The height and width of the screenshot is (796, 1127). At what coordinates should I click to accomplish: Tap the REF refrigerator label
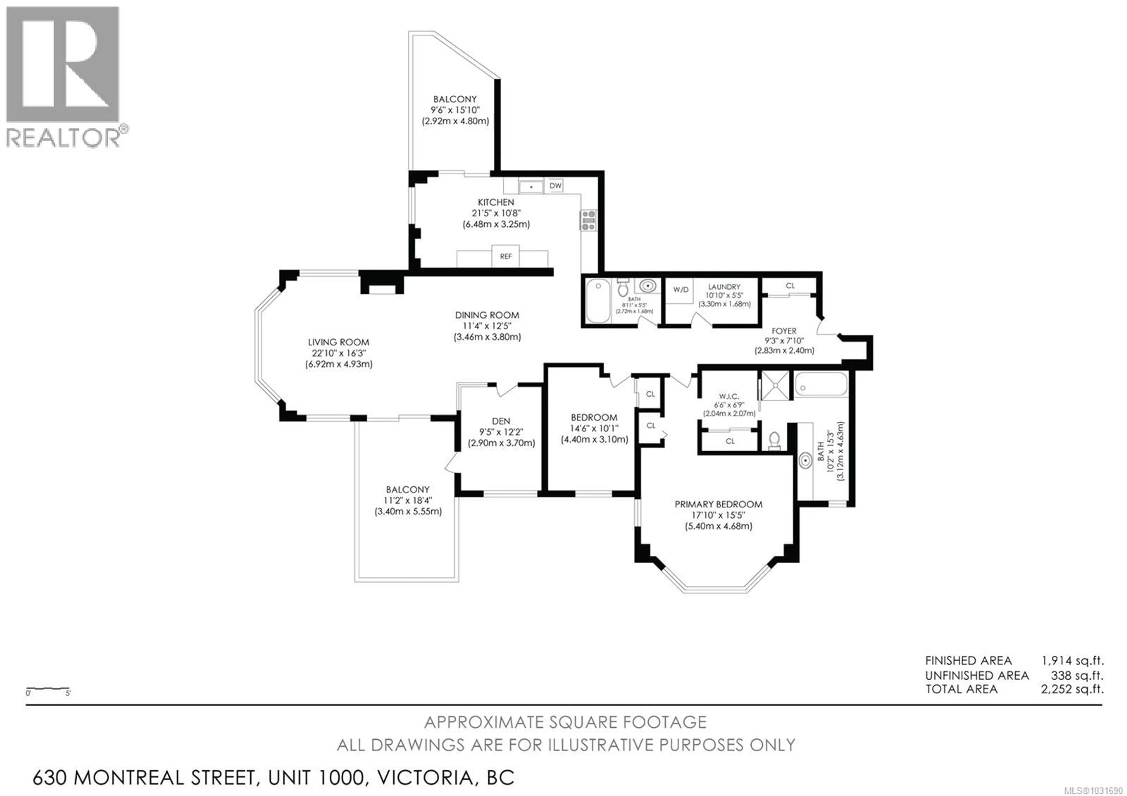click(506, 257)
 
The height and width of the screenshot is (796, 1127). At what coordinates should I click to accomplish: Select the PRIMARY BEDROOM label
click(718, 504)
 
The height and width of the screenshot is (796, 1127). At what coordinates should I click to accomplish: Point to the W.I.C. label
click(729, 396)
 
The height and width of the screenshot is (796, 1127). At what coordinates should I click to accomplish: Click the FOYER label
click(784, 331)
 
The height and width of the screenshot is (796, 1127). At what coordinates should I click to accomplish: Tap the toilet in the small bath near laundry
click(623, 289)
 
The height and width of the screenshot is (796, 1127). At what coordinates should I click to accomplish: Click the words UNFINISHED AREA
click(977, 675)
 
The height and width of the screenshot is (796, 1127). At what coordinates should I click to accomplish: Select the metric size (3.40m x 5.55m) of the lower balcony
click(408, 511)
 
